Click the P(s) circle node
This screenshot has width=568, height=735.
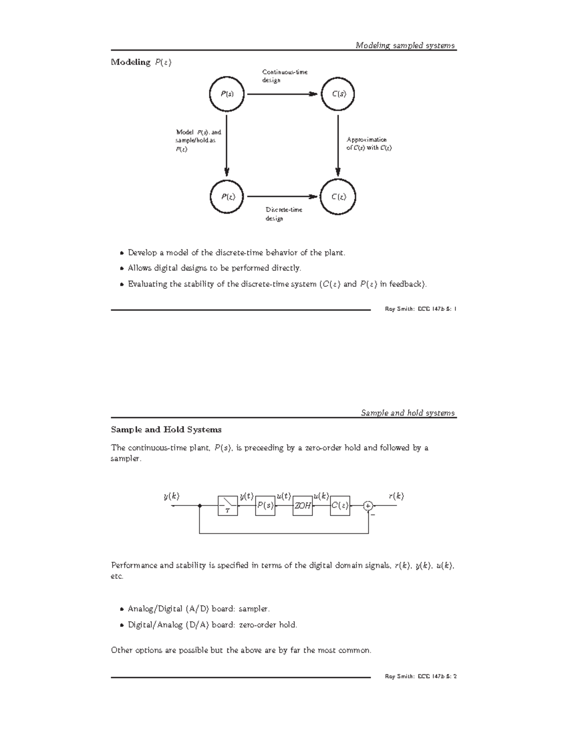[x=227, y=94]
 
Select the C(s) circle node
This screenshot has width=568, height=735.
[x=338, y=94]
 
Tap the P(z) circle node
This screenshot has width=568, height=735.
[x=227, y=196]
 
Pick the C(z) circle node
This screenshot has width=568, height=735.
[x=338, y=196]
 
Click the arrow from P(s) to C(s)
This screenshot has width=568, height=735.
[x=282, y=94]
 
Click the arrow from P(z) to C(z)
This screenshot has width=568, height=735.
[x=282, y=196]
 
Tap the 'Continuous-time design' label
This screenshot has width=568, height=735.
[x=285, y=76]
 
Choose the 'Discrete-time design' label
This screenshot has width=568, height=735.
[x=284, y=214]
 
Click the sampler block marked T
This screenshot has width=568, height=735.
[x=228, y=506]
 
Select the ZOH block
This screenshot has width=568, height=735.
[x=303, y=506]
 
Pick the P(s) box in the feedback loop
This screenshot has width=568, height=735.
[x=265, y=506]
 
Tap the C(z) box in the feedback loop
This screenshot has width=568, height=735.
[x=340, y=506]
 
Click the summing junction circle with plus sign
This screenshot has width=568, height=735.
[x=368, y=506]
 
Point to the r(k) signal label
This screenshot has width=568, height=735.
[x=396, y=496]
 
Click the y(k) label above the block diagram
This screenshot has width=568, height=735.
[x=172, y=496]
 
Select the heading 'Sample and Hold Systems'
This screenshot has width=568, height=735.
[x=166, y=430]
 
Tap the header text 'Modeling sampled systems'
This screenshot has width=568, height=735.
[x=405, y=45]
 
